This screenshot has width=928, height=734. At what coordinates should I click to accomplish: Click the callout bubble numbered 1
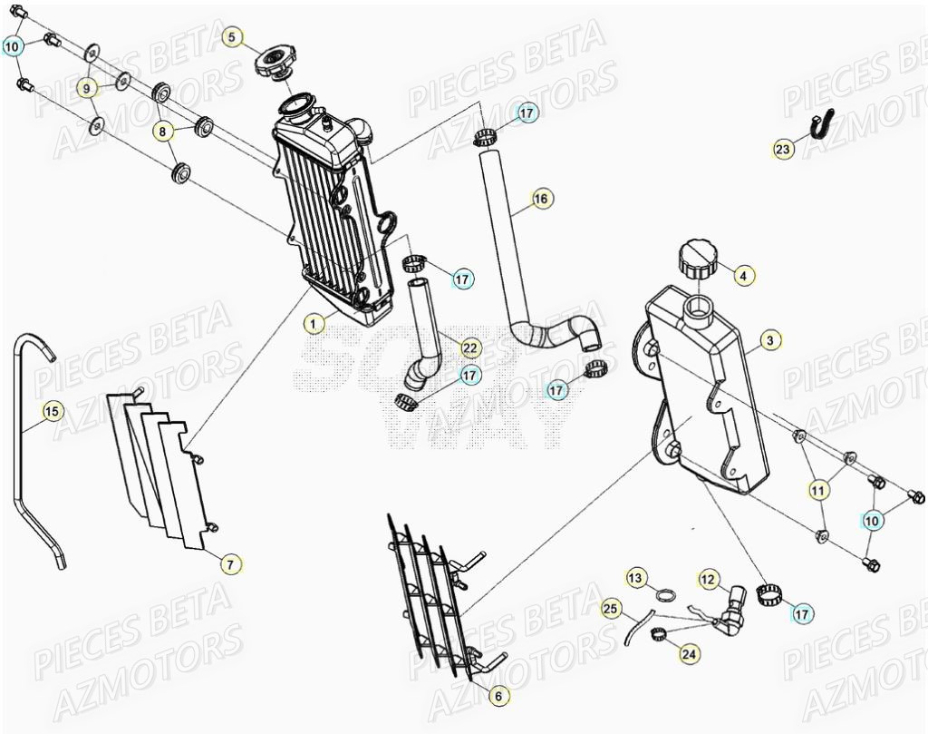click(x=314, y=323)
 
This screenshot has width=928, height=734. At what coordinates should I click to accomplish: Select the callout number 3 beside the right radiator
click(x=769, y=341)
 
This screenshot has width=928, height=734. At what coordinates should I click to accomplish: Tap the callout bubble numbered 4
click(x=742, y=275)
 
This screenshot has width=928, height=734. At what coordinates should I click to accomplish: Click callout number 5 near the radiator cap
click(x=232, y=37)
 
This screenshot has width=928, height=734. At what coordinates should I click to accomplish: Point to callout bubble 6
click(x=498, y=697)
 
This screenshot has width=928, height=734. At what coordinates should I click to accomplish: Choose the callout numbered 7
click(x=231, y=564)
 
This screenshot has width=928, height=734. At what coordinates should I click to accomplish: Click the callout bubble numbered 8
click(x=163, y=132)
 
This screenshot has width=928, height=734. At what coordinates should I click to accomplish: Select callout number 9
click(x=87, y=88)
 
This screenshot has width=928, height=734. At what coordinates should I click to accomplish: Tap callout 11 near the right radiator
click(x=818, y=491)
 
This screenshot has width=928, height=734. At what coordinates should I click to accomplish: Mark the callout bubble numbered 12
click(x=708, y=578)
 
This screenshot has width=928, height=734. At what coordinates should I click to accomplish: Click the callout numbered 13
click(x=635, y=578)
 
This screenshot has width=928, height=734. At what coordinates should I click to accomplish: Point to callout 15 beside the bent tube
click(x=52, y=412)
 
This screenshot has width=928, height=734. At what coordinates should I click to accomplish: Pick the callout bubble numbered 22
click(x=469, y=347)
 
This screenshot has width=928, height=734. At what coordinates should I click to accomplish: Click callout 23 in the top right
click(x=783, y=150)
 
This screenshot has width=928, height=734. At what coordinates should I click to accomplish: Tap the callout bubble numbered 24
click(x=689, y=652)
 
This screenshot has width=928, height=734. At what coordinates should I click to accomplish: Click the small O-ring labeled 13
click(x=664, y=596)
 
